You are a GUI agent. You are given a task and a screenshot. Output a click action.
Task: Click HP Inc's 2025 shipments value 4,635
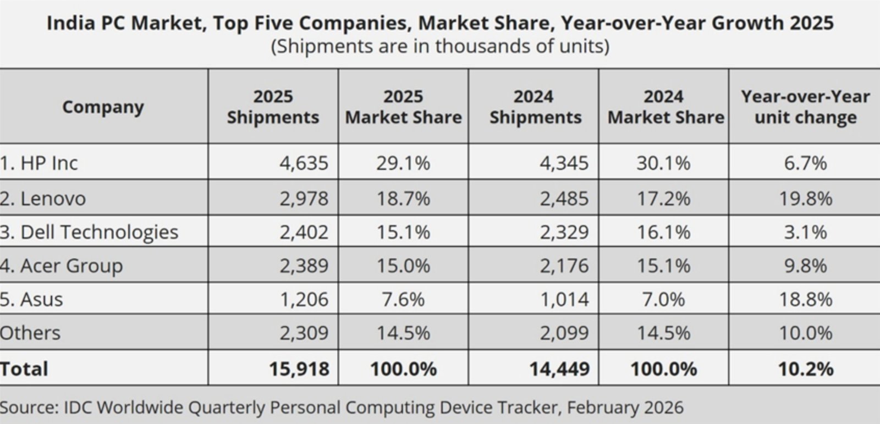[304, 163]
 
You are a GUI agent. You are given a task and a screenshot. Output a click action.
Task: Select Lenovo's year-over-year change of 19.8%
[805, 198]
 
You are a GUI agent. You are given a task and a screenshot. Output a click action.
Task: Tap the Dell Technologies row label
[90, 232]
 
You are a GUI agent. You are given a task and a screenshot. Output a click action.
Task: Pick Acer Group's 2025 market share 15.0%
[403, 266]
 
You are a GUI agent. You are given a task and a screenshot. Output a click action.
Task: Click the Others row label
[30, 333]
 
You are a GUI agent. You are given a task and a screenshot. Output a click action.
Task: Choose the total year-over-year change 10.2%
[805, 368]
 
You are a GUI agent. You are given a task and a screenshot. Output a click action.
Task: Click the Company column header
[103, 107]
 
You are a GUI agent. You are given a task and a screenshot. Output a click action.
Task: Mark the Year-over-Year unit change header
[805, 107]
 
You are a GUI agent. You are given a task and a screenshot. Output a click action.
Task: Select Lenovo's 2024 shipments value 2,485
[564, 198]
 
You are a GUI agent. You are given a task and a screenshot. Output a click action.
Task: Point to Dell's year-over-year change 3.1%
[805, 232]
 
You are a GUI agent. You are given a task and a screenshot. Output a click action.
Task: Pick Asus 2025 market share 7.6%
[403, 299]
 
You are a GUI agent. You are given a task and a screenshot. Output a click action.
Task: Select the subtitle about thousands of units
[440, 46]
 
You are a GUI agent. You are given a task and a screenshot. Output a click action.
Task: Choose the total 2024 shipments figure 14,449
[559, 368]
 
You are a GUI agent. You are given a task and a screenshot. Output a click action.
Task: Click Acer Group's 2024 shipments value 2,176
[564, 266]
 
